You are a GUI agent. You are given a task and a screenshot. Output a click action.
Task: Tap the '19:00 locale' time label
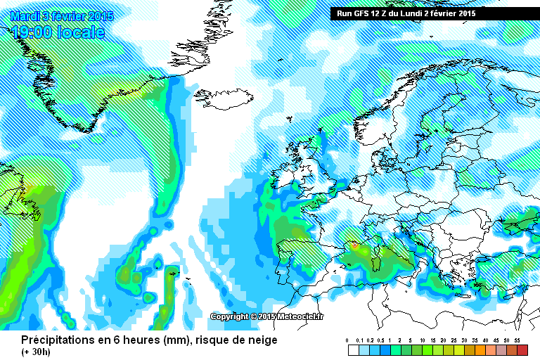(58, 32)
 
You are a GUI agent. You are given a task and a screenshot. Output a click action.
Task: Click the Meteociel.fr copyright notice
(268, 316)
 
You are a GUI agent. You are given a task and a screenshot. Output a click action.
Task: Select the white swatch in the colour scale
(354, 349)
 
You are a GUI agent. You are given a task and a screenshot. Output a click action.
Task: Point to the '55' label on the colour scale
(516, 340)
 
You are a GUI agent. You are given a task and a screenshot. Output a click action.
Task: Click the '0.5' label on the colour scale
(380, 340)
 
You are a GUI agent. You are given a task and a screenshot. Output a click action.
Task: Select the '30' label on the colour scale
(464, 340)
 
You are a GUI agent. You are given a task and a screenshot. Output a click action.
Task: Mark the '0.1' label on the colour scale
(359, 340)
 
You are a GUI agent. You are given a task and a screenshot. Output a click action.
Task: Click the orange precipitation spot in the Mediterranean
(355, 245)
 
